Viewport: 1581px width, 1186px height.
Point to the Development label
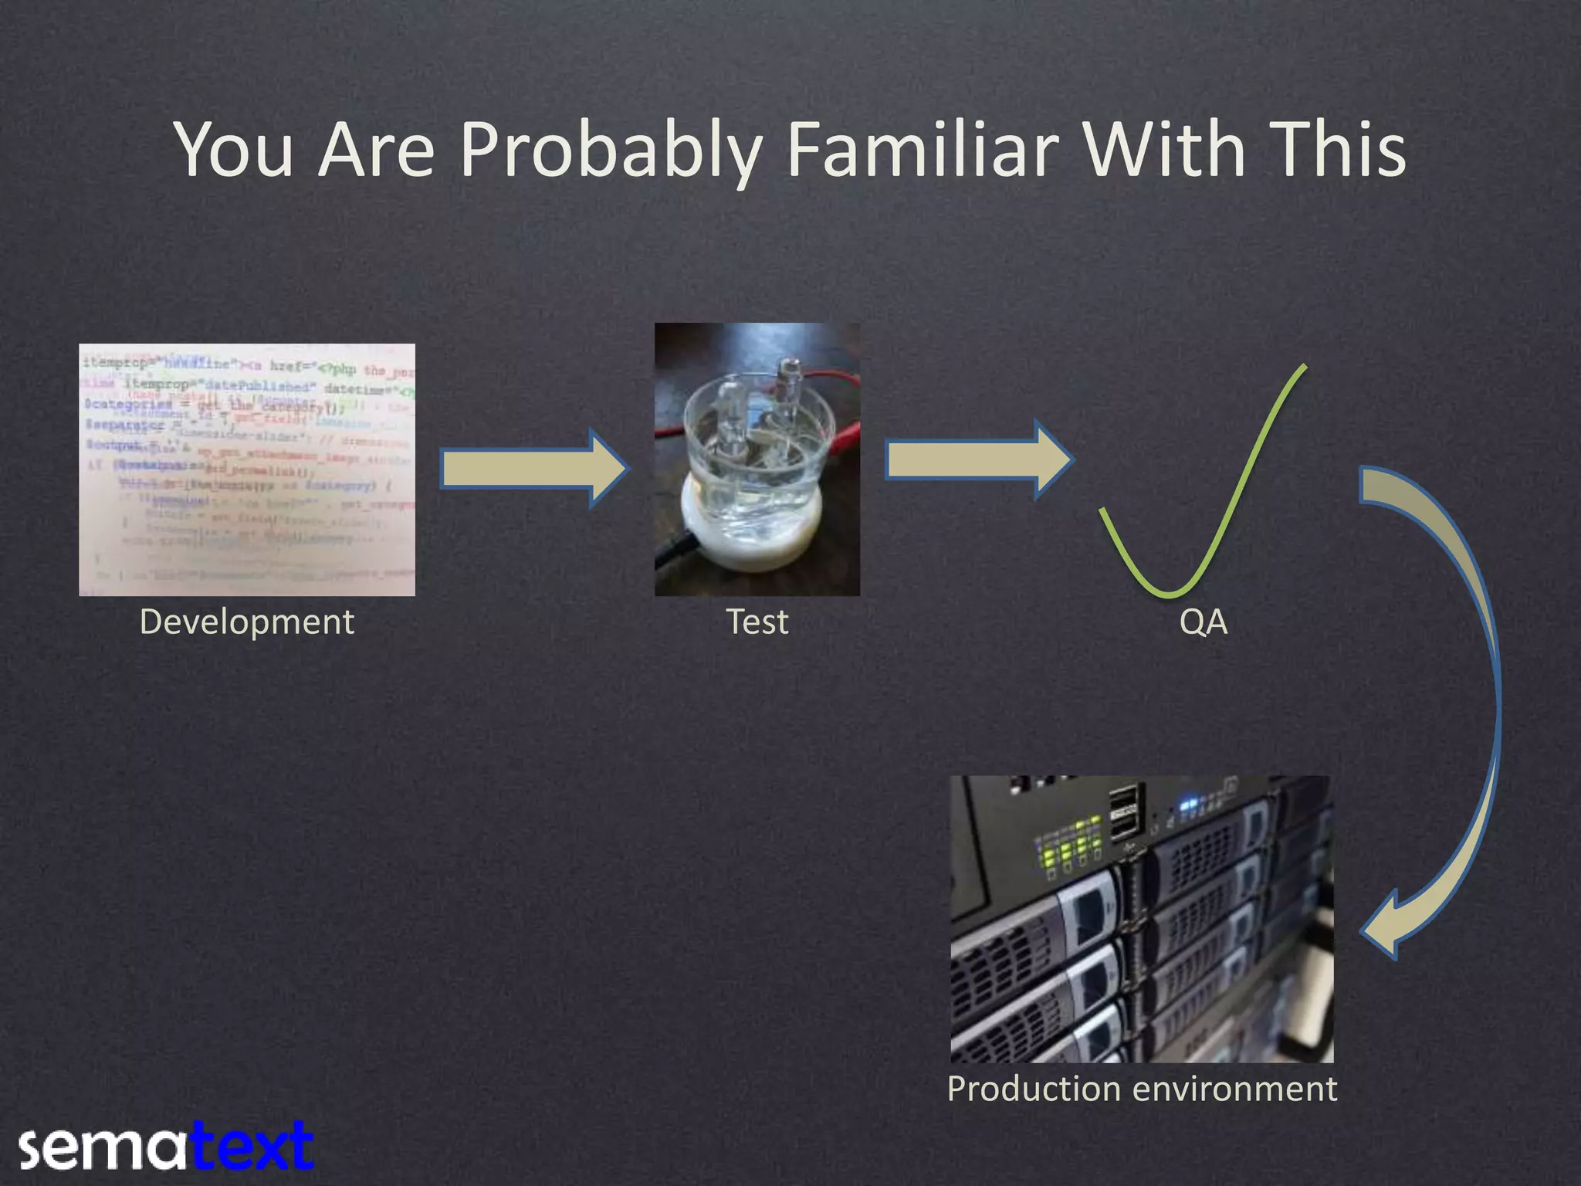click(x=246, y=622)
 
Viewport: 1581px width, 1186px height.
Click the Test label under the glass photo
click(x=757, y=622)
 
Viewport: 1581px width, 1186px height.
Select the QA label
click(x=1203, y=622)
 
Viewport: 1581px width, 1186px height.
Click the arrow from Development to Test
click(x=533, y=468)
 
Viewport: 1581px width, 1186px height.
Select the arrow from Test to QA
click(x=977, y=460)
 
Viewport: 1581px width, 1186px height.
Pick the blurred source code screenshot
click(x=246, y=469)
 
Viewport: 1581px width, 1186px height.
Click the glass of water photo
click(x=757, y=459)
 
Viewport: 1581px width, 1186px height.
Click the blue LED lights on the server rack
click(x=1189, y=805)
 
